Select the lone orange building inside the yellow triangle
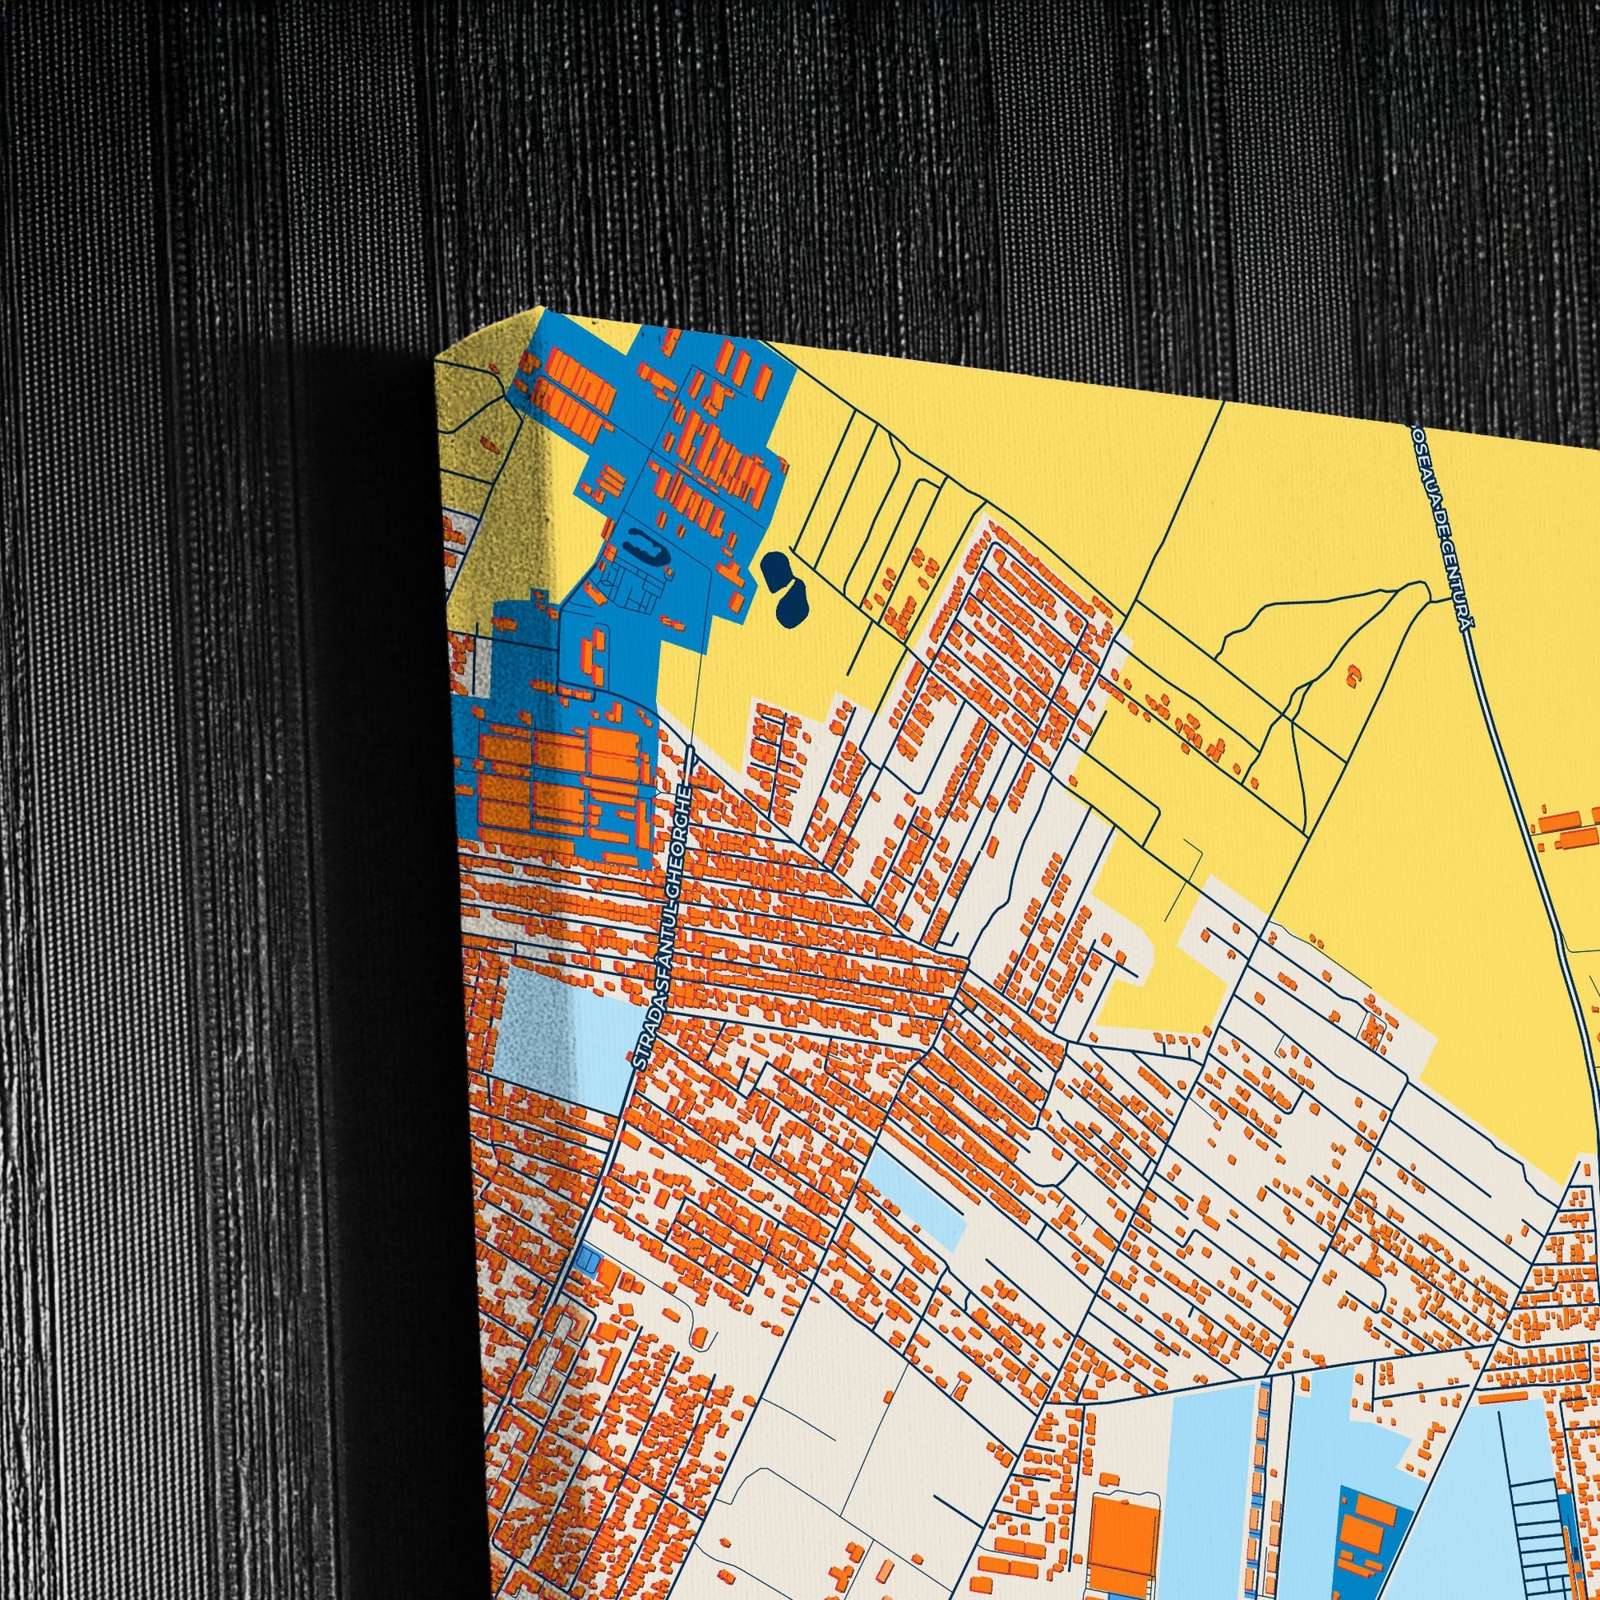1355,675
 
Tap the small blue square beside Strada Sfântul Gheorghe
588,1260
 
